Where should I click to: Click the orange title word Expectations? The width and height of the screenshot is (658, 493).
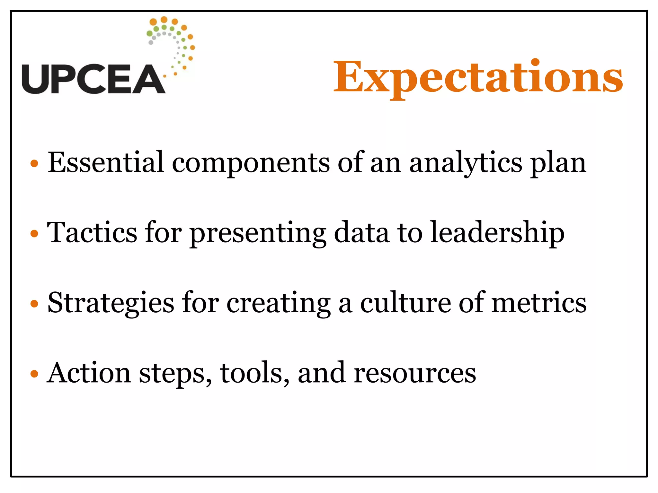click(478, 77)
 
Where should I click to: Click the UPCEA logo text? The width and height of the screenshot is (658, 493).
click(93, 79)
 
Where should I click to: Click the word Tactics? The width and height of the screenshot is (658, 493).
click(92, 232)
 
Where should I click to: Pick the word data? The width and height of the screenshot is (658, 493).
click(361, 232)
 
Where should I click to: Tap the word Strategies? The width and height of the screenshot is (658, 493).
click(111, 304)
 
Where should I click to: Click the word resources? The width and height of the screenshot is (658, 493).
click(415, 374)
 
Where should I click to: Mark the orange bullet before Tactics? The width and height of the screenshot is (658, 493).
click(34, 233)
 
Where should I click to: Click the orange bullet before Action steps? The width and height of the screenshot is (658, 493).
click(34, 374)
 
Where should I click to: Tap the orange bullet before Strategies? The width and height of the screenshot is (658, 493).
click(34, 303)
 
